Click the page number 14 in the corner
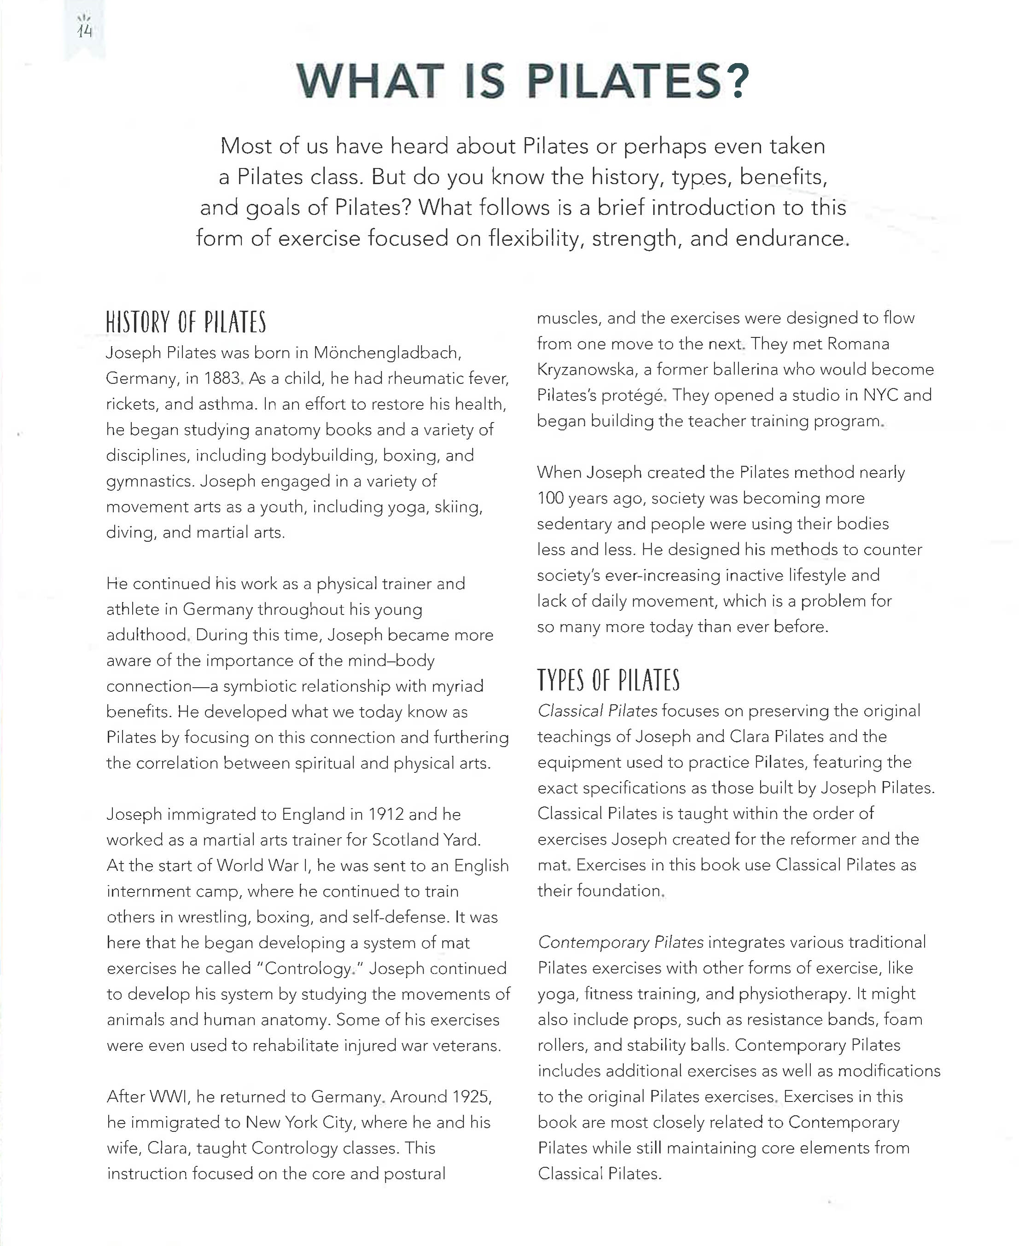85,30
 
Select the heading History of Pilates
186,323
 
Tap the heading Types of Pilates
608,680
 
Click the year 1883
221,378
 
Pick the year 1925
472,1096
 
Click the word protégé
635,395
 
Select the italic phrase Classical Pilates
597,711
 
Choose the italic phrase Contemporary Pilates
620,942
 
